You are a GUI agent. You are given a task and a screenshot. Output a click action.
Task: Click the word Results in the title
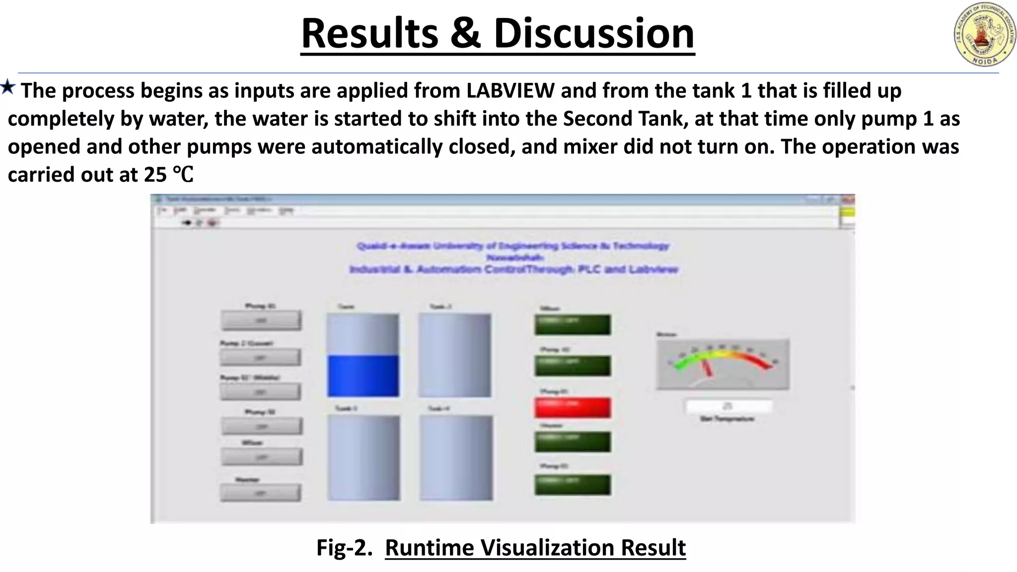coord(369,33)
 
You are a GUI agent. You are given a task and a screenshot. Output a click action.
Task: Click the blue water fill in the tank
coord(363,375)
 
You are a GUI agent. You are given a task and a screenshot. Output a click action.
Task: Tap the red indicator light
coord(573,407)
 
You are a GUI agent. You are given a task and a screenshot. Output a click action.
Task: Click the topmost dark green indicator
coord(573,324)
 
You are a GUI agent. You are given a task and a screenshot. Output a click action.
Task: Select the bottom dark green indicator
coord(573,485)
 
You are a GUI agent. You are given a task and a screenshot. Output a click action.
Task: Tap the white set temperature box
coord(728,406)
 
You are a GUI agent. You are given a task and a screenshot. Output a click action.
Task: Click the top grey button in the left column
coord(261,320)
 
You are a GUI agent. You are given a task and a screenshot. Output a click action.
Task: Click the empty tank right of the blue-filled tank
coord(454,355)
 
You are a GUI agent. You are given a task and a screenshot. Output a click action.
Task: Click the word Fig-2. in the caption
coord(344,548)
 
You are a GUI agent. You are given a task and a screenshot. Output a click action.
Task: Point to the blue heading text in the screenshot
coord(513,258)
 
